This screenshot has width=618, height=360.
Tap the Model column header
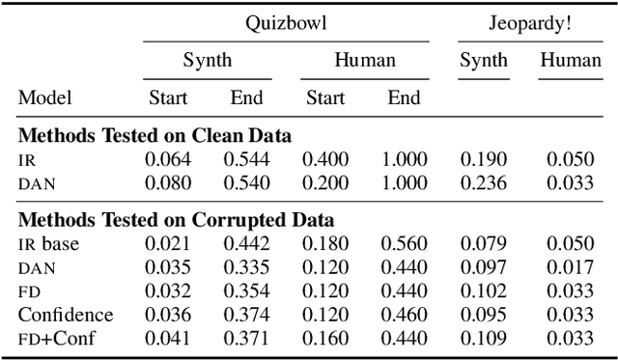45,97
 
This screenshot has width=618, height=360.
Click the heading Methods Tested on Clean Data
154,134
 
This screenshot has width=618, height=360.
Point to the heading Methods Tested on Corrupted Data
177,220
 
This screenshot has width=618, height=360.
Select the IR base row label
48,244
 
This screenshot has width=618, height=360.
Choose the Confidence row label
66,314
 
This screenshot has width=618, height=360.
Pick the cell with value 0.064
168,158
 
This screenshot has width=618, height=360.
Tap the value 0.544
246,158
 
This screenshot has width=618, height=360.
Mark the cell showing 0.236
483,181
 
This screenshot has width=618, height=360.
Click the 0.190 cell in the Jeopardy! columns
483,158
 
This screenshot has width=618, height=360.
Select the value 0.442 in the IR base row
246,244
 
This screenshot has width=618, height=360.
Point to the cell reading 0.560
404,244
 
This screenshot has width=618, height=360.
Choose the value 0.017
570,267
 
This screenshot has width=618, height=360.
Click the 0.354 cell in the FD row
246,291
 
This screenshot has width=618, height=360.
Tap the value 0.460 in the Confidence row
404,314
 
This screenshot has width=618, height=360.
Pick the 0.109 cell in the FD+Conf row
483,337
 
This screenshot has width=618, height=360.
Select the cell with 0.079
483,244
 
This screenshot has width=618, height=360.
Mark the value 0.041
168,337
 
